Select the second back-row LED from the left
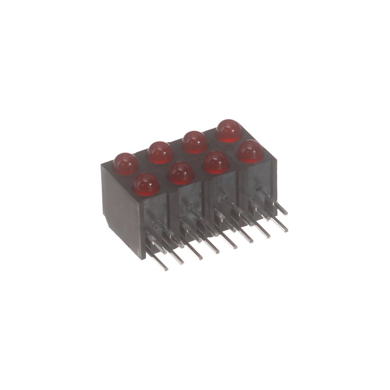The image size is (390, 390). coord(160,152)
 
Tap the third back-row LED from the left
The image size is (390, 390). coord(195,141)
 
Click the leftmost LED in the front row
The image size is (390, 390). coord(146,184)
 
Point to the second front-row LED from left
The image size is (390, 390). coord(181,173)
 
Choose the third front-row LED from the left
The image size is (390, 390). coord(215,162)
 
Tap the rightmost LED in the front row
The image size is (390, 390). coord(250,151)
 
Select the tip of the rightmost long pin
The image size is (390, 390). coord(286,230)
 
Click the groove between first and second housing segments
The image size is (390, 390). coord(171,214)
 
